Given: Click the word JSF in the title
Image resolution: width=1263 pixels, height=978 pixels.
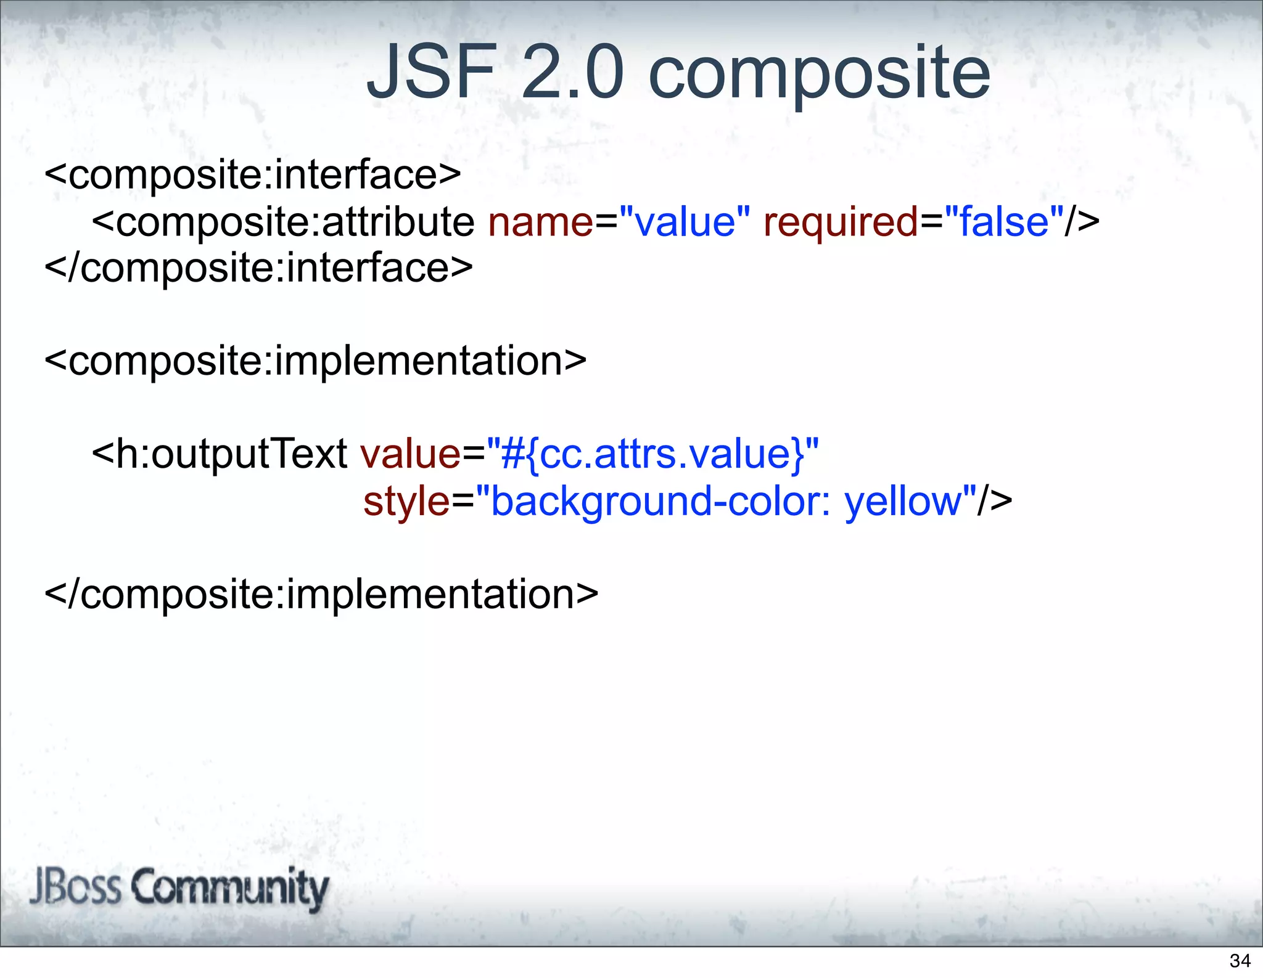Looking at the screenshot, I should (x=432, y=73).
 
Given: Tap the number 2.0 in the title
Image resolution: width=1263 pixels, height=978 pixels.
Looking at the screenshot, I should (x=573, y=73).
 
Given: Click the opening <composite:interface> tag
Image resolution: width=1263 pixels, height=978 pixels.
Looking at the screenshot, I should (x=253, y=175).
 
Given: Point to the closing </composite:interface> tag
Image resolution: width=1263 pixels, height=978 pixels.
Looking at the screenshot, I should (x=259, y=268).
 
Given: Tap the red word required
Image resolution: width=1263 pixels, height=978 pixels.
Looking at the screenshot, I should (x=841, y=223).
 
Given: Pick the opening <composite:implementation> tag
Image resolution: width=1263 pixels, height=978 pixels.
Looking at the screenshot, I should (x=316, y=361).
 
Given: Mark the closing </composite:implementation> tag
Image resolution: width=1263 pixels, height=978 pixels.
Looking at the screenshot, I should (x=322, y=595).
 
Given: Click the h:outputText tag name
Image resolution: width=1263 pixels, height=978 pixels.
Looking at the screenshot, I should (x=231, y=455).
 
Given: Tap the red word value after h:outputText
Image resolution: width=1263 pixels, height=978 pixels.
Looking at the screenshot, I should (x=410, y=455).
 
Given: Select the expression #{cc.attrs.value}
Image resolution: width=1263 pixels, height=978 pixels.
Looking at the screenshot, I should (x=654, y=455).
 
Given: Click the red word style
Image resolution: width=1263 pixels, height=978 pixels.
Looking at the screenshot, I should (x=406, y=502).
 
